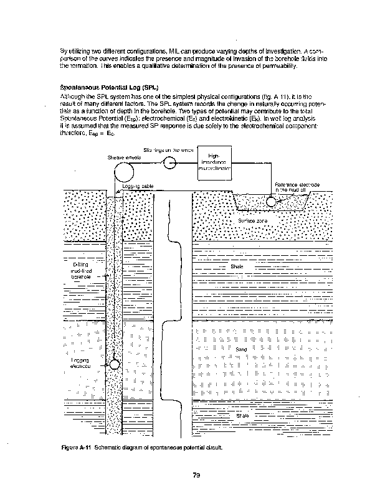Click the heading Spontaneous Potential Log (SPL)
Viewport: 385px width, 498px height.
(98, 88)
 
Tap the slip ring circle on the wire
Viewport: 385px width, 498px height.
(169, 163)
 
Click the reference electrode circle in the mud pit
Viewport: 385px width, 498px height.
(271, 201)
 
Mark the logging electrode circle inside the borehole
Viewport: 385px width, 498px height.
(115, 365)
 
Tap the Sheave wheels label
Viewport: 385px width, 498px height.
(124, 157)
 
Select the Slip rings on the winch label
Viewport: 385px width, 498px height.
(168, 150)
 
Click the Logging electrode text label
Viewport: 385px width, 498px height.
(80, 364)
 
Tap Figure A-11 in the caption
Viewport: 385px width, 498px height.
(76, 448)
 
